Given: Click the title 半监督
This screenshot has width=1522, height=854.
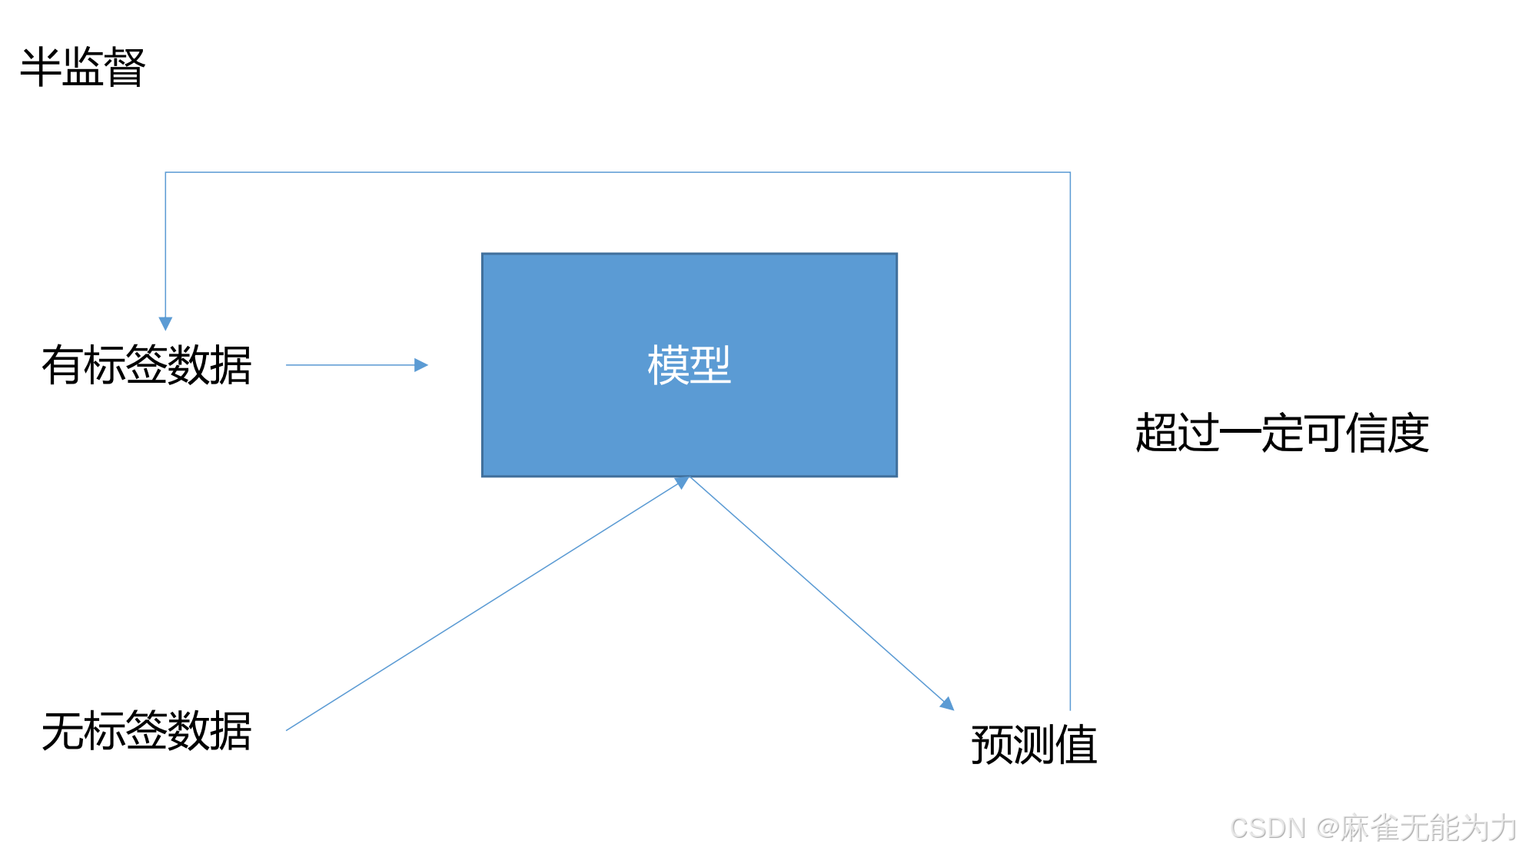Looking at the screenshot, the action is (x=82, y=68).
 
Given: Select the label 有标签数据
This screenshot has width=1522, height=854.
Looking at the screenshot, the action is (x=146, y=364).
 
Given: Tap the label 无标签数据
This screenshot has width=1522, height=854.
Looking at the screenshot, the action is (x=146, y=730).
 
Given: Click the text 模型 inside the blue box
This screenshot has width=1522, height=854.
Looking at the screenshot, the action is (x=689, y=365).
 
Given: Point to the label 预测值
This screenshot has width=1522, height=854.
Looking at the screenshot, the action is (x=1034, y=744).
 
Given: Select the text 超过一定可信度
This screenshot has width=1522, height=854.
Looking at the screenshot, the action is (x=1281, y=433).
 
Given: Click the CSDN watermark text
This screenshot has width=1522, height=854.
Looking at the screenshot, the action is (x=1372, y=828).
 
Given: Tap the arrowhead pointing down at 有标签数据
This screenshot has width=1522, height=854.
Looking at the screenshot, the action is (x=165, y=324).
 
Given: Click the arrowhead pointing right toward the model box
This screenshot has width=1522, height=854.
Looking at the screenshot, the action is (x=420, y=365).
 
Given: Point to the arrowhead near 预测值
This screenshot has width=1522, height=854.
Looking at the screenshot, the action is (x=948, y=703).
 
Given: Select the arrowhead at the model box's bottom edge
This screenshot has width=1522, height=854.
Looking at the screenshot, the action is (x=682, y=483).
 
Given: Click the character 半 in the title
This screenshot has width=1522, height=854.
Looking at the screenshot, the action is (x=40, y=68).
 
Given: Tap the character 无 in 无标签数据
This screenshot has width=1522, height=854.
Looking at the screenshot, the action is (x=62, y=730).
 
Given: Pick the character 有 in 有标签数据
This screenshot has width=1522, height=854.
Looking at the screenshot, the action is (x=62, y=364).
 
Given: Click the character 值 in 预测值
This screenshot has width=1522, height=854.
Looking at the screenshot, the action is (x=1076, y=744).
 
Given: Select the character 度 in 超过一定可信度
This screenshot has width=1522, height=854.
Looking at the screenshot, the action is (x=1408, y=433).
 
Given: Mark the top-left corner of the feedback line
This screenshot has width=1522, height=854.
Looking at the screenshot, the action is (x=166, y=173).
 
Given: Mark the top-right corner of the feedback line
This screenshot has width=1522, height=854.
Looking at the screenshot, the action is (x=1070, y=173).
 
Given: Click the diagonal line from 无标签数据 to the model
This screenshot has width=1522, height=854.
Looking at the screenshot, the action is (x=484, y=606).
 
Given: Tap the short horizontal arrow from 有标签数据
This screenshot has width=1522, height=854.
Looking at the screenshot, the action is (x=354, y=365).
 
